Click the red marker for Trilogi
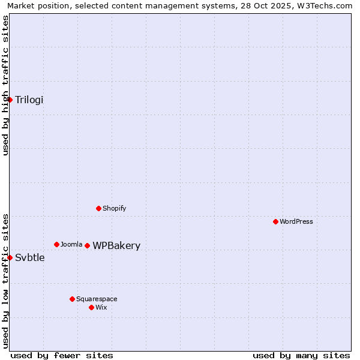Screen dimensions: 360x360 [10, 100]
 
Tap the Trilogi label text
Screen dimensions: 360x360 [29, 100]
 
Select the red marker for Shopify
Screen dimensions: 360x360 [99, 208]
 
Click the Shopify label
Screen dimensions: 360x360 [114, 208]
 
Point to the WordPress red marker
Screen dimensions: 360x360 [275, 221]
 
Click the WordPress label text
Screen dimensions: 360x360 [296, 221]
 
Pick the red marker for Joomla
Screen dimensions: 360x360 [56, 244]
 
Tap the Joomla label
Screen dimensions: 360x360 [71, 244]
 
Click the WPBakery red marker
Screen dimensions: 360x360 [88, 245]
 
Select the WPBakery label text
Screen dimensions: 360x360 [116, 245]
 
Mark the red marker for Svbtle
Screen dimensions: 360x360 [10, 257]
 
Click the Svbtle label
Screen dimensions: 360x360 [30, 258]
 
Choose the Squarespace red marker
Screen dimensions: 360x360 [73, 299]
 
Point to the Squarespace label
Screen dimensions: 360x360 [97, 299]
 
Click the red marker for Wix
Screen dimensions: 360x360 [91, 307]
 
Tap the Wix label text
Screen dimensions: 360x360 [101, 307]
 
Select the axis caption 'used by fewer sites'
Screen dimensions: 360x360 [62, 355]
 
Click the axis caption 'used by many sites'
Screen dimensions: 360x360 [301, 355]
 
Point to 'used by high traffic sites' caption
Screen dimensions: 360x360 [5, 85]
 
